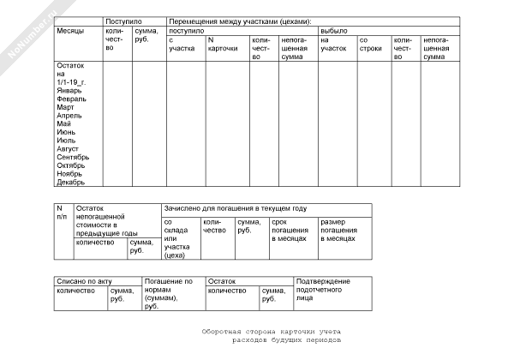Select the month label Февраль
pyautogui.click(x=71, y=99)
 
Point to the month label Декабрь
pyautogui.click(x=71, y=182)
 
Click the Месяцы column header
pyautogui.click(x=70, y=30)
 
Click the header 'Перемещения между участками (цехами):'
pyautogui.click(x=239, y=21)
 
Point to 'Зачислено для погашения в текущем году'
pyautogui.click(x=235, y=208)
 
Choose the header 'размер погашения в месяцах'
pyautogui.click(x=339, y=229)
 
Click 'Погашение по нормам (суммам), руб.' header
pyautogui.click(x=168, y=293)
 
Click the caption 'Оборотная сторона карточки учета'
pyautogui.click(x=272, y=331)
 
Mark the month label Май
pyautogui.click(x=64, y=123)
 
